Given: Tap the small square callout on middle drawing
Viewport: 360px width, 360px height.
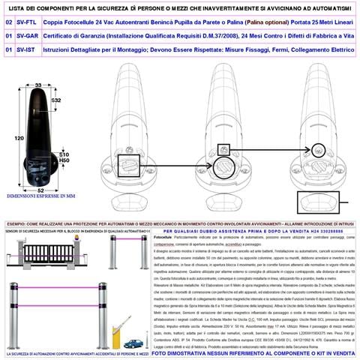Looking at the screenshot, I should tap(223, 149).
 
